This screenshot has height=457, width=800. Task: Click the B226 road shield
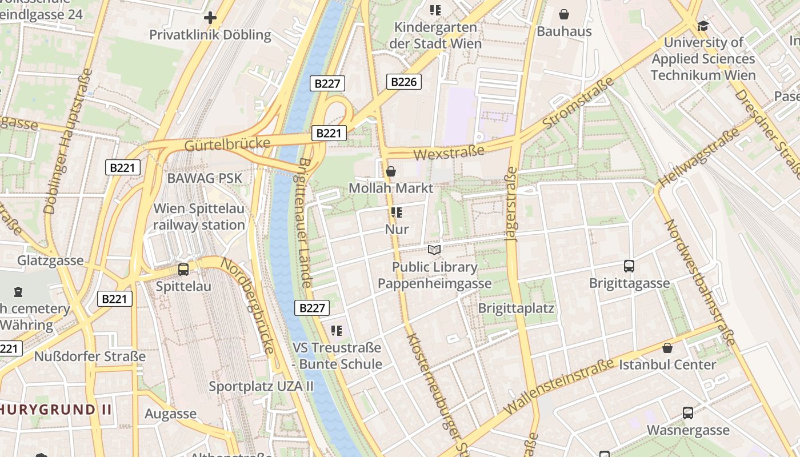click(x=403, y=82)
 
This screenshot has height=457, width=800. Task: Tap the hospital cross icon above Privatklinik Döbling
click(x=210, y=18)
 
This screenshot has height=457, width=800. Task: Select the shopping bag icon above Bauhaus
click(x=564, y=14)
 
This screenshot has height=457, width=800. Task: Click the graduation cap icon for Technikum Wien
click(x=702, y=26)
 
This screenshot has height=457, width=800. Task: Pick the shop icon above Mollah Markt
click(x=391, y=171)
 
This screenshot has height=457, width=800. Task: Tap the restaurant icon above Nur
click(x=397, y=213)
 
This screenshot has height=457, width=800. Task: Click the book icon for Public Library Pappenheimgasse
click(x=434, y=250)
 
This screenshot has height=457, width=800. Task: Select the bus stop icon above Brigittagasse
click(x=629, y=266)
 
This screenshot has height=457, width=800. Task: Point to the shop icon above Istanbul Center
click(x=667, y=348)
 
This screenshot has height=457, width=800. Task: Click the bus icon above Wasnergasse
click(x=688, y=413)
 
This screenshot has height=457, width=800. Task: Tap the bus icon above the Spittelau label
click(x=183, y=270)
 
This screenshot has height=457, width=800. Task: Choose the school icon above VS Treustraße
click(x=337, y=330)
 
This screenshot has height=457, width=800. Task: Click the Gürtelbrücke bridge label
click(x=227, y=144)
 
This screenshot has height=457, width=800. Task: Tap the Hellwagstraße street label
click(x=699, y=158)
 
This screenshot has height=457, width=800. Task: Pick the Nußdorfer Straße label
click(x=90, y=356)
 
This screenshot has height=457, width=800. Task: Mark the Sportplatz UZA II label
click(x=261, y=386)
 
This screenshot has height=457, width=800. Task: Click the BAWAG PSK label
click(x=205, y=178)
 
